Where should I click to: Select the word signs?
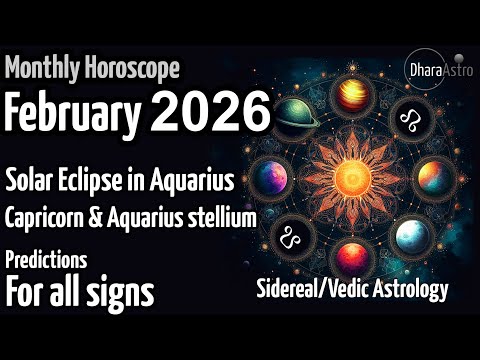[121, 293]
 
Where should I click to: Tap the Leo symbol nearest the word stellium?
[291, 238]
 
